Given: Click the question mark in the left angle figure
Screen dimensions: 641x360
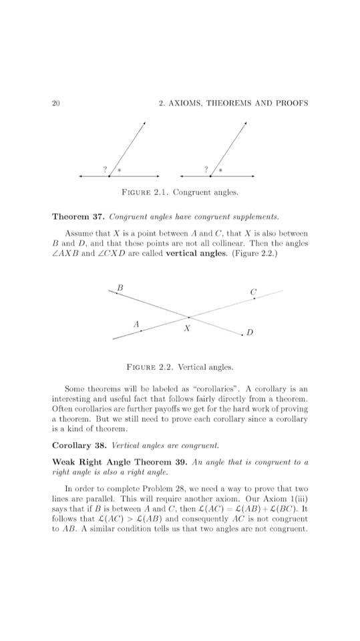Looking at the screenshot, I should (105, 169).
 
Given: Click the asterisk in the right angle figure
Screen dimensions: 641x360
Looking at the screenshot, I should (221, 170).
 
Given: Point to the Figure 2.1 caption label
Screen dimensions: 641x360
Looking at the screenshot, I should (145, 193).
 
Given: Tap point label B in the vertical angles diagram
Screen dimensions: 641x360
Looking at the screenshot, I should (120, 288).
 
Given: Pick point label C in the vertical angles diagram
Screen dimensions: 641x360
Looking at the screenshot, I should (253, 292).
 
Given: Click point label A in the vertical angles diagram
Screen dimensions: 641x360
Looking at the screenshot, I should (136, 324).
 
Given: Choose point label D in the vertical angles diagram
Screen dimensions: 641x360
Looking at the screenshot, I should (249, 333).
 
